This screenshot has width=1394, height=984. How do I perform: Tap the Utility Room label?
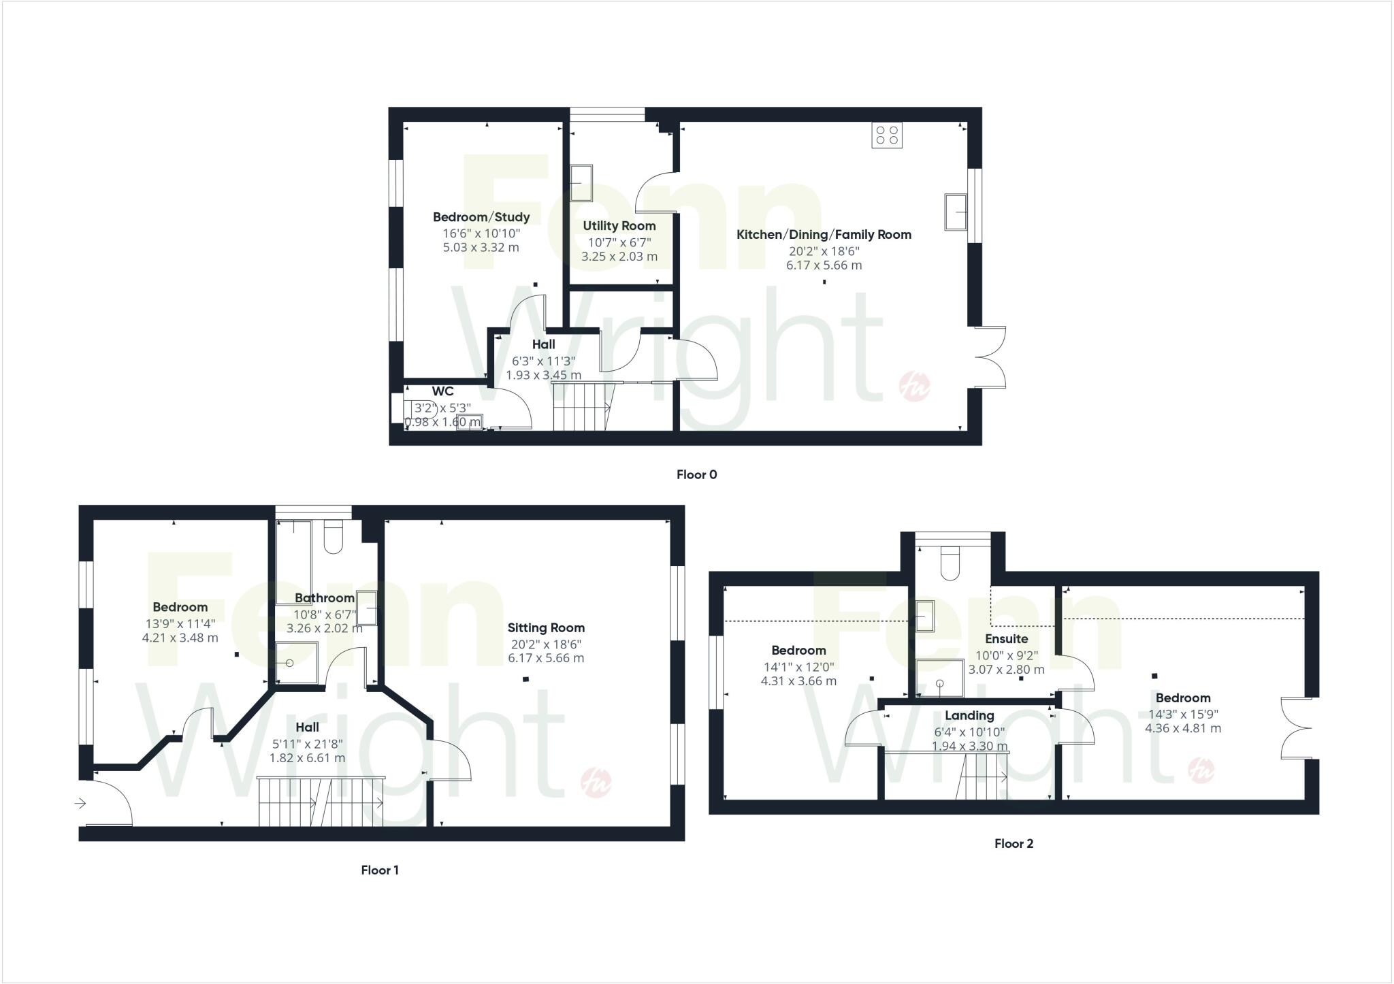pyautogui.click(x=619, y=226)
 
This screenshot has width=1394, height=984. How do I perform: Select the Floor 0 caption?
pyautogui.click(x=696, y=475)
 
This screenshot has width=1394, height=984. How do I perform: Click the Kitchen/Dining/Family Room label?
pyautogui.click(x=824, y=235)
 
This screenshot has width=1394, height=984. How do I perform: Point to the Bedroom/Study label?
pyautogui.click(x=481, y=217)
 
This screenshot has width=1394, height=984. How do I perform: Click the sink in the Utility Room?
pyautogui.click(x=581, y=183)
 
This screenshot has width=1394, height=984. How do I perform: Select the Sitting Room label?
pyautogui.click(x=546, y=628)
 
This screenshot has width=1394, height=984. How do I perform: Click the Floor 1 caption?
pyautogui.click(x=380, y=870)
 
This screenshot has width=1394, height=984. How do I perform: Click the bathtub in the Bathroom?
pyautogui.click(x=294, y=561)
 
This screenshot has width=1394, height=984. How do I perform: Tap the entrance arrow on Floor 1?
pyautogui.click(x=80, y=804)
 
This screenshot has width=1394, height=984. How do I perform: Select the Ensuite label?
pyautogui.click(x=1006, y=639)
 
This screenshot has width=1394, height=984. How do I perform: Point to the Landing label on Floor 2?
pyautogui.click(x=969, y=716)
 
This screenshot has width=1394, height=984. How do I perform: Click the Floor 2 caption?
pyautogui.click(x=1014, y=844)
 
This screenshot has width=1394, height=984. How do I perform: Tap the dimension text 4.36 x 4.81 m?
pyautogui.click(x=1183, y=728)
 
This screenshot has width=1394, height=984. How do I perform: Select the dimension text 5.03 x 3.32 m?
pyautogui.click(x=481, y=248)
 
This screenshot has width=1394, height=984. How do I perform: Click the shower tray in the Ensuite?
pyautogui.click(x=940, y=678)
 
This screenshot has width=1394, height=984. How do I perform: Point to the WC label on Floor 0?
pyautogui.click(x=442, y=392)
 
